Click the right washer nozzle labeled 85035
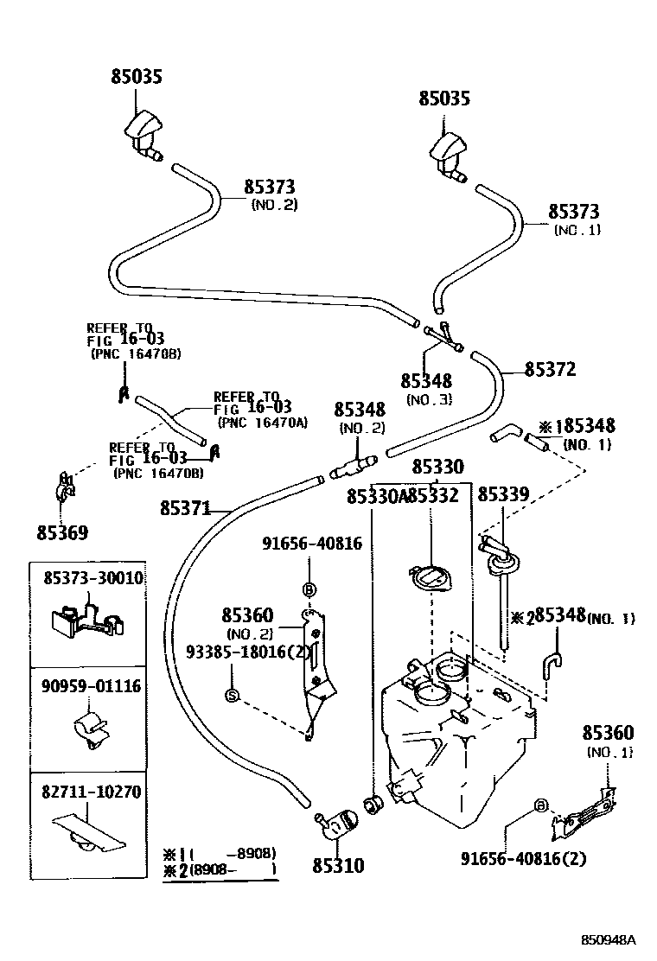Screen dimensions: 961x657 pos(450,156)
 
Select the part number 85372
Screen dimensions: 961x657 pos(550,369)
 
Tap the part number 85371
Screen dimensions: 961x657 pos(185,509)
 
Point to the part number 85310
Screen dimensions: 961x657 pos(338,864)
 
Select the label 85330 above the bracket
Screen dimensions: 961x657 pos(437,467)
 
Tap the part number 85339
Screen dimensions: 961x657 pos(503,494)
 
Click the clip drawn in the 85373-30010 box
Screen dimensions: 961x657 pos(85,622)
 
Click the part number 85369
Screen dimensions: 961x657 pos(62,532)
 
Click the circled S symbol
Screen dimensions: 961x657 pos(232,694)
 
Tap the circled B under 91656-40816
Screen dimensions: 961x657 pos(309,589)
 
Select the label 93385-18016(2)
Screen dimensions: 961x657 pos(248,652)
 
